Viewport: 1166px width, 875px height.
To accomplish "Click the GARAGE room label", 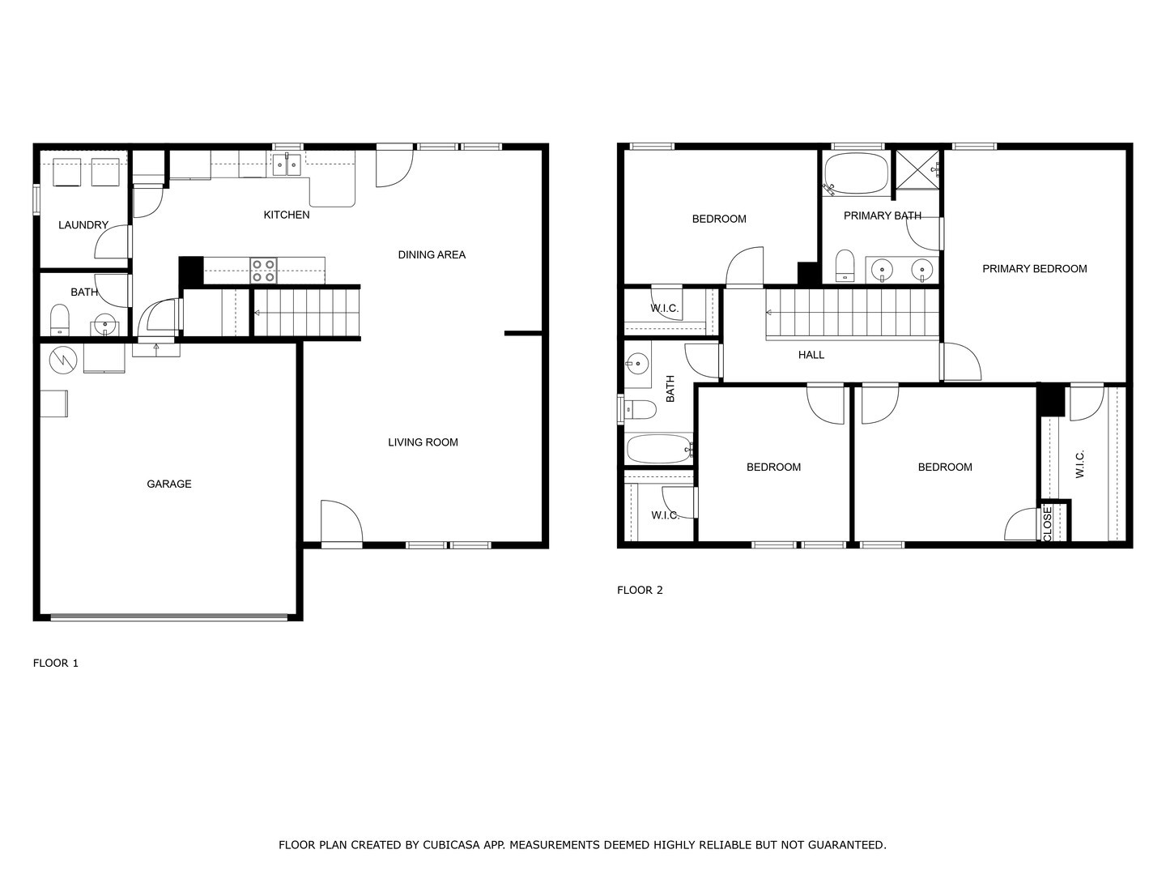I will point(168,484).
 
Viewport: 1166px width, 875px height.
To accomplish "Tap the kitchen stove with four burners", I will point(263,270).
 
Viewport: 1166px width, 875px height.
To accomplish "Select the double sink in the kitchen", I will point(286,164).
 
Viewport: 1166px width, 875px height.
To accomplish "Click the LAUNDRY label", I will point(83,224).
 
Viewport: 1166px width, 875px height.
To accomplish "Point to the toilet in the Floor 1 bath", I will point(60,321).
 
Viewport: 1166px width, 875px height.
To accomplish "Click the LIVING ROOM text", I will point(423,442).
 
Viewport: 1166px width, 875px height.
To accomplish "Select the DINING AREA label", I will point(432,254).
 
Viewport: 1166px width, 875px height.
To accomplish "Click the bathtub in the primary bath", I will point(856,173).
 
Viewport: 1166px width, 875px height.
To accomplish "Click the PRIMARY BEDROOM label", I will point(1034,268).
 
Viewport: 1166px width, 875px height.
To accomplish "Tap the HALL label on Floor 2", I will point(811,354).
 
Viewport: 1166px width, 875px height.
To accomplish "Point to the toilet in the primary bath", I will point(845,266).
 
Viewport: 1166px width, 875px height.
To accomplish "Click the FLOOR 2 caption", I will point(640,590).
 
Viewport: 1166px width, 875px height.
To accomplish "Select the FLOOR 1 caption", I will point(56,663).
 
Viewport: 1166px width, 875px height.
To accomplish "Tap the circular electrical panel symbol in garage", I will point(62,361).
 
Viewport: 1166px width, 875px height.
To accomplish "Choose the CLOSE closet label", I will point(1047,524).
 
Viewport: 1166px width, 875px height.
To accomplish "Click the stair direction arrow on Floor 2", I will point(768,312).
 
